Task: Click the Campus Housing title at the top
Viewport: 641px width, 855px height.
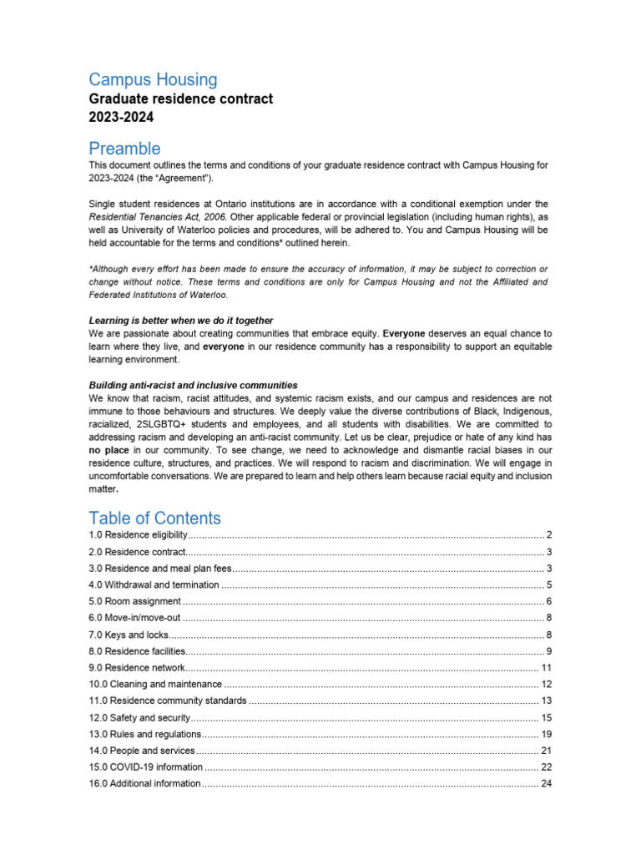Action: pos(154,80)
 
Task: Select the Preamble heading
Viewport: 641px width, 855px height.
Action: pos(125,149)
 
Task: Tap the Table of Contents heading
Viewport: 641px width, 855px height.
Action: pos(155,518)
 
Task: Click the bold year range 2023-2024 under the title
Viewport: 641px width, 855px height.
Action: pos(121,118)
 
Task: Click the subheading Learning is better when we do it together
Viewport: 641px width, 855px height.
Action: pos(181,321)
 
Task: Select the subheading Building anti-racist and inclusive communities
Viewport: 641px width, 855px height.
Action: pos(194,385)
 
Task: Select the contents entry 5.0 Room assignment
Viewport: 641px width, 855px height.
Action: pos(135,601)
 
